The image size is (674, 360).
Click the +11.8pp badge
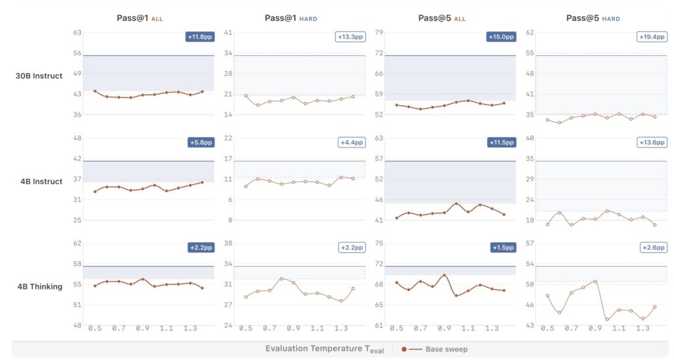click(x=200, y=37)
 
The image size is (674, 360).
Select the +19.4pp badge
click(x=652, y=37)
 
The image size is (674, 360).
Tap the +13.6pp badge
click(x=652, y=142)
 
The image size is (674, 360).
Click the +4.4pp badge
click(x=351, y=142)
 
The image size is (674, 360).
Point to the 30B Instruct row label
click(x=39, y=76)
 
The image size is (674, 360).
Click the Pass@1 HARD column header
click(x=290, y=18)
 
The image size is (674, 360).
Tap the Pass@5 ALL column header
click(x=442, y=18)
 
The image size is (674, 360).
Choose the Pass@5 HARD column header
click(x=592, y=18)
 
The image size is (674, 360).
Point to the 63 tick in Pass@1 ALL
click(x=77, y=32)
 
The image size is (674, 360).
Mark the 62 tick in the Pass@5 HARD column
click(x=529, y=32)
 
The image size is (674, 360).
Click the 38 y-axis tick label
click(x=228, y=243)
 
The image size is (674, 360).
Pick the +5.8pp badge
click(x=200, y=142)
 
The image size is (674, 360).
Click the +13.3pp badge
click(x=351, y=37)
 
